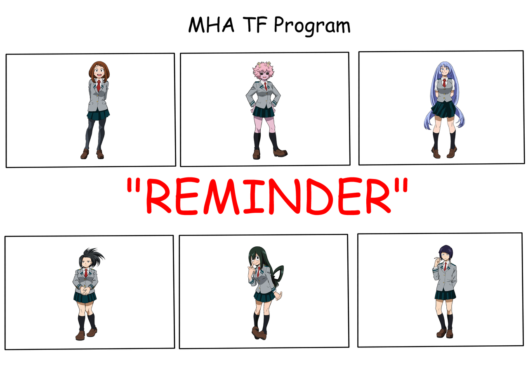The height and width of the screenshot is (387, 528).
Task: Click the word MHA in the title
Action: point(211,24)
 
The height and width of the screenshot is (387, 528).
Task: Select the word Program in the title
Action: point(312,26)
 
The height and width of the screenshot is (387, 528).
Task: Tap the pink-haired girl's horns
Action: point(264,64)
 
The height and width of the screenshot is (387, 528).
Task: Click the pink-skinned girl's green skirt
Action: point(264,111)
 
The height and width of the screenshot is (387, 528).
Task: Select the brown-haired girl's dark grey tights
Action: point(95,135)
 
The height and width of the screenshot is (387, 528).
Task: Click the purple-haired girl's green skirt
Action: point(445,295)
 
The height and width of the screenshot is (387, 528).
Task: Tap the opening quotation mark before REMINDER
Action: point(133,186)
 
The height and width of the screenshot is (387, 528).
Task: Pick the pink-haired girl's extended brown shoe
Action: point(280,153)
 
